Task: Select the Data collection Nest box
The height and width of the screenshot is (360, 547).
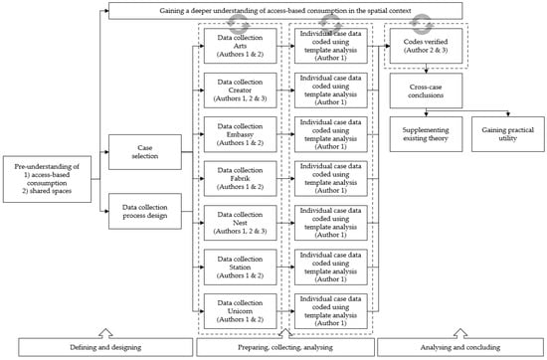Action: click(240, 226)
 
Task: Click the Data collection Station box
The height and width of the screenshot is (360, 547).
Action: click(240, 270)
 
